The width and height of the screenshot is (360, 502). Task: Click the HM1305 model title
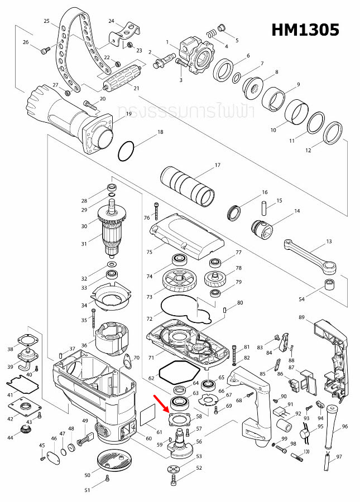(305, 30)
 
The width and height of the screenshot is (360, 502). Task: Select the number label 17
(217, 166)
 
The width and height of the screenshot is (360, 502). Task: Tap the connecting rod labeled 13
(310, 254)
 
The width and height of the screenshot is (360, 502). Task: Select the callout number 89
(301, 317)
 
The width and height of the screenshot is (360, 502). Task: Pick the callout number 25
(47, 21)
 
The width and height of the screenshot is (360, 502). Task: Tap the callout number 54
(301, 300)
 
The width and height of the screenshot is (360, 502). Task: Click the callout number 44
(9, 438)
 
